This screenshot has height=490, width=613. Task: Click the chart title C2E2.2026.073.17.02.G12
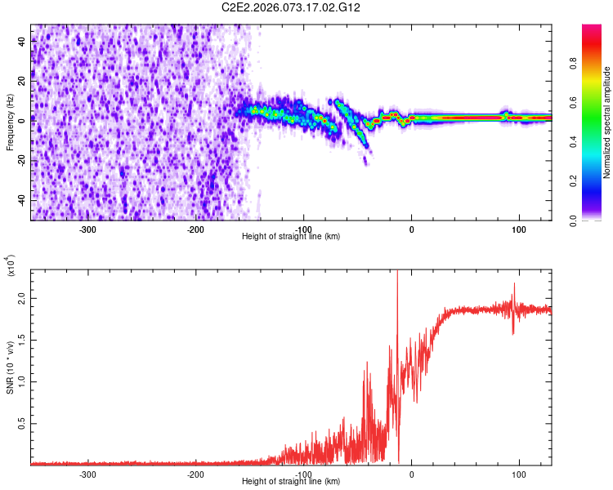pyautogui.click(x=291, y=7)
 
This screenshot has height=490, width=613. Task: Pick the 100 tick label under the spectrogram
pyautogui.click(x=518, y=229)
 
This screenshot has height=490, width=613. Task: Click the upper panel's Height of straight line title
pyautogui.click(x=291, y=237)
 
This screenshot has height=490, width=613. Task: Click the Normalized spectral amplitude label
pyautogui.click(x=606, y=123)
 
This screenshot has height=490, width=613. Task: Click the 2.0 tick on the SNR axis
pyautogui.click(x=21, y=301)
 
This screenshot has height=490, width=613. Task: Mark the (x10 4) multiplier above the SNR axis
pyautogui.click(x=11, y=266)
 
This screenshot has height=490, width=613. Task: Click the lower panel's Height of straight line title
pyautogui.click(x=291, y=482)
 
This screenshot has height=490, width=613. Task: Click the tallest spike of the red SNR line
pyautogui.click(x=397, y=273)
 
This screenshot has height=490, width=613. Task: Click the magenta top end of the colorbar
pyautogui.click(x=593, y=28)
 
